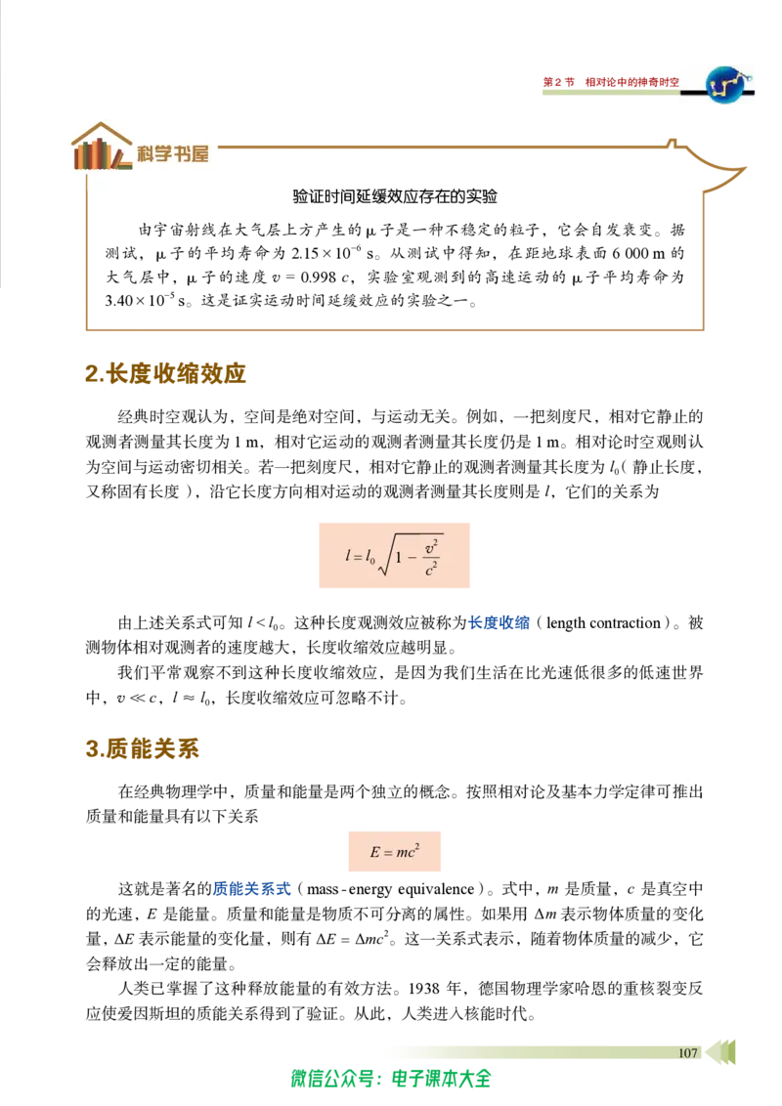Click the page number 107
click(x=687, y=1052)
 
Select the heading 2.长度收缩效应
click(x=165, y=372)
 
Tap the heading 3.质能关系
click(x=142, y=747)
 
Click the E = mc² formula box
click(x=395, y=851)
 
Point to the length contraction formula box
click(x=395, y=555)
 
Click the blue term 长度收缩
click(x=499, y=622)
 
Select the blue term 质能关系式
click(x=252, y=889)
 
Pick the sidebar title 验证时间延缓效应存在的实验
click(x=395, y=196)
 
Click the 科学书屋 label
click(x=173, y=153)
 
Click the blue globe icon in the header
click(x=727, y=85)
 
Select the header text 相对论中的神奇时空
click(x=632, y=82)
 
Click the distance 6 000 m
click(x=638, y=253)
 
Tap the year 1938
click(x=425, y=988)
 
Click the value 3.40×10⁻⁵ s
click(x=146, y=300)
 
